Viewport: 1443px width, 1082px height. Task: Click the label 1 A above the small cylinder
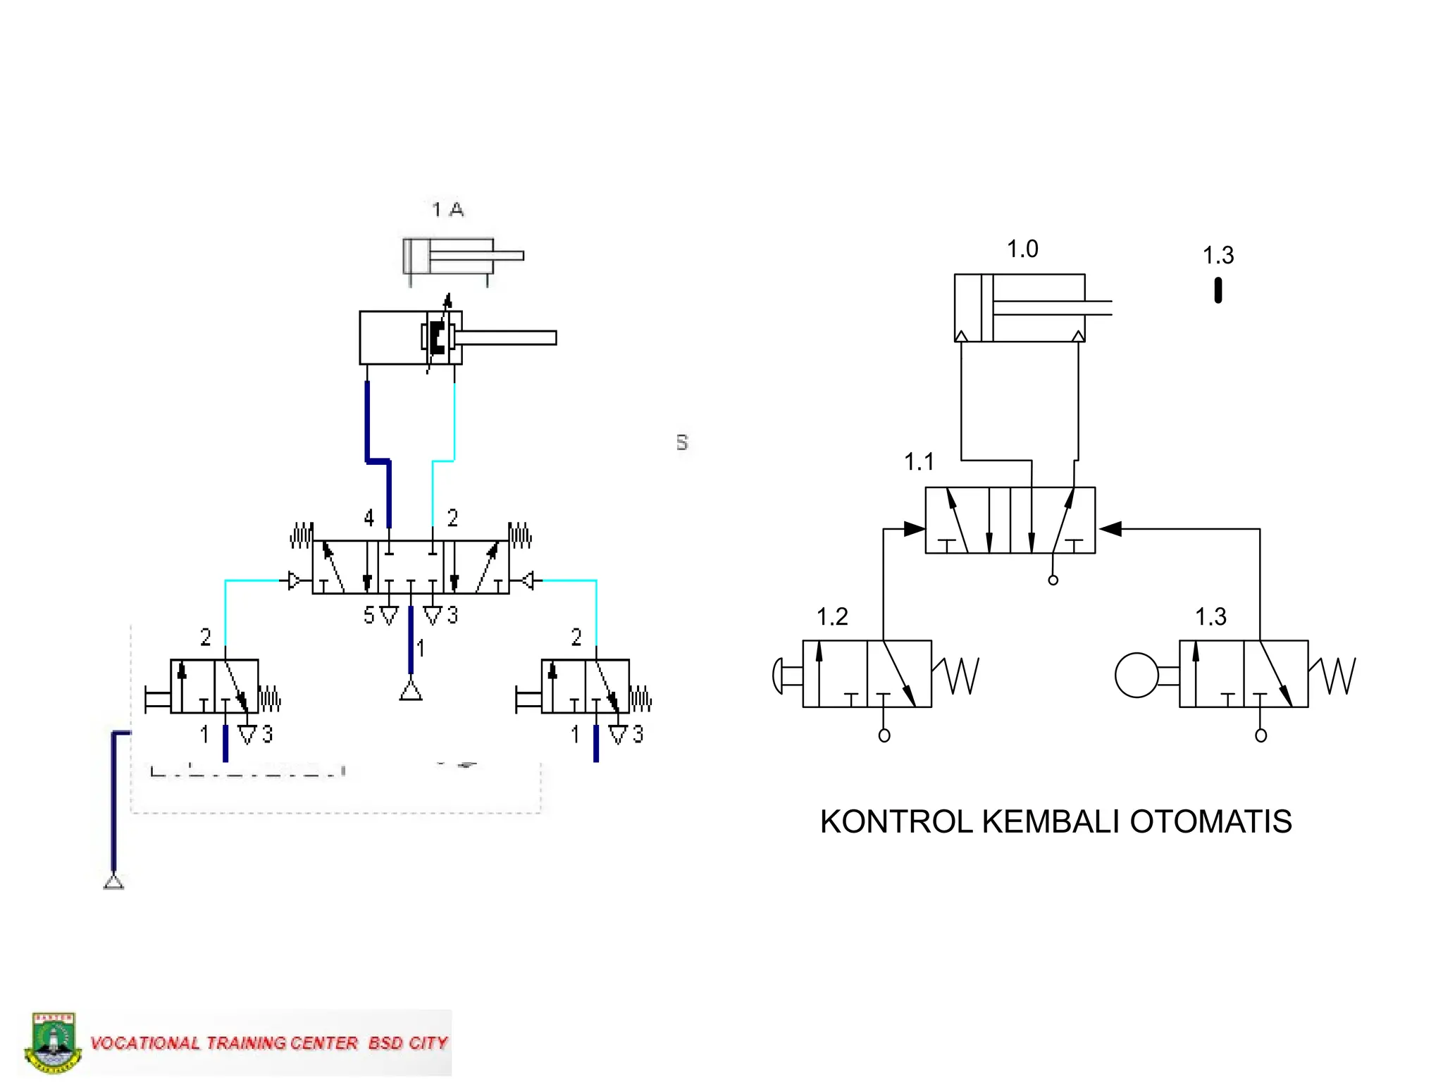tap(447, 209)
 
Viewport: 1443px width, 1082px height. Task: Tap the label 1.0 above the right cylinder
tap(1022, 249)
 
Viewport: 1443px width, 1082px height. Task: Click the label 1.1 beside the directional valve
tap(919, 462)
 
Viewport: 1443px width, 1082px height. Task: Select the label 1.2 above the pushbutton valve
tap(831, 617)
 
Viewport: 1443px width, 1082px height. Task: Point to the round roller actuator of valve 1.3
tap(1136, 675)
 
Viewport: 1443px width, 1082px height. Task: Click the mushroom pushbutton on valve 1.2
tap(778, 676)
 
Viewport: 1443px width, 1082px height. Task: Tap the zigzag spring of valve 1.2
tap(960, 675)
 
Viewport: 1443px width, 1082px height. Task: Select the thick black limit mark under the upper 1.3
tap(1218, 290)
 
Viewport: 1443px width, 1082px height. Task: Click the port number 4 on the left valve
tap(369, 518)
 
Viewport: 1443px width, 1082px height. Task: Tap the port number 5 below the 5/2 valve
tap(369, 616)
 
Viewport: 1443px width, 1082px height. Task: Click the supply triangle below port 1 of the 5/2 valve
tap(411, 691)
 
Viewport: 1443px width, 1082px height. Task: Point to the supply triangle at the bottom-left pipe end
tap(113, 881)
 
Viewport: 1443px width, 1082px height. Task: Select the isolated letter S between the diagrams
tap(681, 442)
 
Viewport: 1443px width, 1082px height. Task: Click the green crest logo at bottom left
tap(53, 1043)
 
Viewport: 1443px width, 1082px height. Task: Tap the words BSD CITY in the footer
tap(408, 1043)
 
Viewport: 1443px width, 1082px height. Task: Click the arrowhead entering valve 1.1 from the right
tap(1110, 528)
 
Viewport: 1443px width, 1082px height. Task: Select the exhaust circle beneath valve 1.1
tap(1053, 580)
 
